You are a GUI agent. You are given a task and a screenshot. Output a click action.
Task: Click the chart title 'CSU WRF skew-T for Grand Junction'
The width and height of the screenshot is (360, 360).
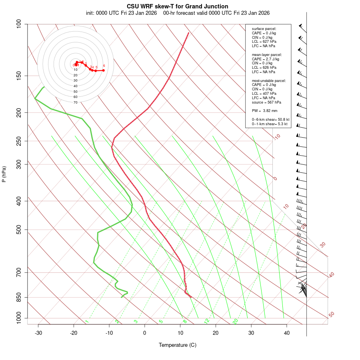178,6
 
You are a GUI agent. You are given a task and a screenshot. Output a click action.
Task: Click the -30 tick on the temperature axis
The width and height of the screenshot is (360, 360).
38,333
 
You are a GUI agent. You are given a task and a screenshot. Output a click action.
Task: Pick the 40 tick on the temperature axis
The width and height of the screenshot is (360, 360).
287,333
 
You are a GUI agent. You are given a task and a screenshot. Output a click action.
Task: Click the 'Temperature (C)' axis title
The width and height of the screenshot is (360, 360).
178,345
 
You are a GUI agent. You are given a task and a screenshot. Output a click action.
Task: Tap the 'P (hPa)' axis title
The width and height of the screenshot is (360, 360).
4,174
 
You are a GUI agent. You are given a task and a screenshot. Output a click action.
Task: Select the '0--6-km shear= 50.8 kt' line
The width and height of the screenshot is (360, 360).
270,120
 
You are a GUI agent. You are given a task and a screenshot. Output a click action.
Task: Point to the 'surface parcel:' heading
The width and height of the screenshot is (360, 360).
264,29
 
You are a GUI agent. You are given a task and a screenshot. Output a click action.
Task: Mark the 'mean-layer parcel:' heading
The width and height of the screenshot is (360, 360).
267,55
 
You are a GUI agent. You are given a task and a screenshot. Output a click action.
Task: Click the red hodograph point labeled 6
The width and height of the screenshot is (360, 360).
103,70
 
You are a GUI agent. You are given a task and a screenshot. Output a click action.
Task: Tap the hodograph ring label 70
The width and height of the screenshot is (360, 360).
76,102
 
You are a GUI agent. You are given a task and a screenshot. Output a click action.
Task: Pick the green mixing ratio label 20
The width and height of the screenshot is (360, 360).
235,321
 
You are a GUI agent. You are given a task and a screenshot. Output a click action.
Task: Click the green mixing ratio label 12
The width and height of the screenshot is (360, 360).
207,321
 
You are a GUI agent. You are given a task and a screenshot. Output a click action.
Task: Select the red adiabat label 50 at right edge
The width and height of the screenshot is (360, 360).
331,315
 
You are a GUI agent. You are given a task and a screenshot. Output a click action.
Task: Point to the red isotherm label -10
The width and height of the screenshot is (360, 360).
277,137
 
